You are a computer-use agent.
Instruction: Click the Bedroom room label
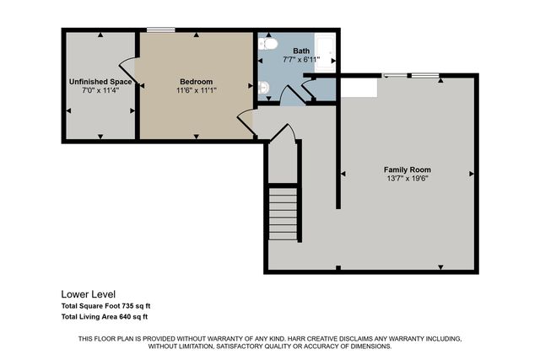[196, 82]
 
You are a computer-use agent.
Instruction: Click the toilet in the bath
[267, 43]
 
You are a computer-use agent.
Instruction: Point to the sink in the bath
[263, 87]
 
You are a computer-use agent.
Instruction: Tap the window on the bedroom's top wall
[160, 30]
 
